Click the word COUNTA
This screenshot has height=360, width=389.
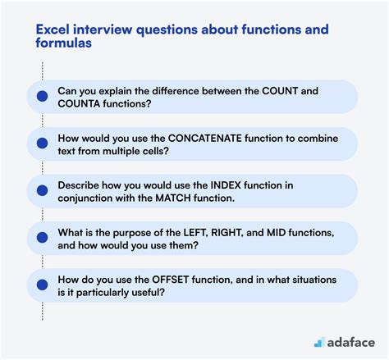pyautogui.click(x=86, y=104)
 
